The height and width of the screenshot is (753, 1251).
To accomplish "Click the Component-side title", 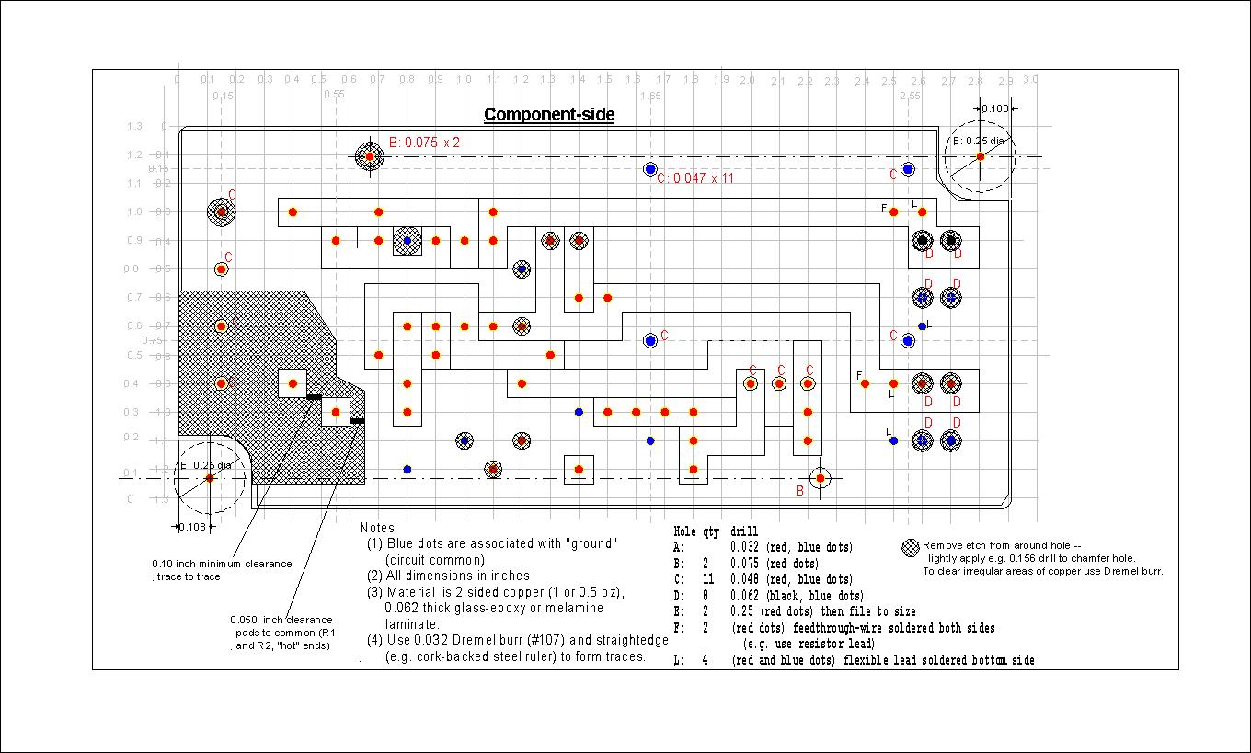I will pos(549,115).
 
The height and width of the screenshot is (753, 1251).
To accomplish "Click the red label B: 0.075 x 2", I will pos(424,143).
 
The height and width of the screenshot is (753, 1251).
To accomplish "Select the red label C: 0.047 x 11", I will pos(695,178).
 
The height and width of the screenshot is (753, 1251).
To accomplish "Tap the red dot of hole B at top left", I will pos(370,156).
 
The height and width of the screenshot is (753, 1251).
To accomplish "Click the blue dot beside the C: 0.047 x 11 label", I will pos(650,169).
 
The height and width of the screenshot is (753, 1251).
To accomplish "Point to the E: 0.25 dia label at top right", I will pos(978,141).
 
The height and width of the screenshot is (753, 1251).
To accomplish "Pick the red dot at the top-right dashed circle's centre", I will pos(981,156).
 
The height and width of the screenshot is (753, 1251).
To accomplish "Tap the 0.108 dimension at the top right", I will pos(995,109).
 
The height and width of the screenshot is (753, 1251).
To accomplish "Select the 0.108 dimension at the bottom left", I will pos(191,527).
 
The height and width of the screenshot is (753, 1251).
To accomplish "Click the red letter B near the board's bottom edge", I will pos(799,491).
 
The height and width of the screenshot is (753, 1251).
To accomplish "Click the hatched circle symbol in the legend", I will pos(911,547).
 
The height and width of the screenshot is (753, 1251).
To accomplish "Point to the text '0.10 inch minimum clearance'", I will pos(222,564).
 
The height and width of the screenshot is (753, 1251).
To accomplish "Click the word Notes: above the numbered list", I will pos(378,528).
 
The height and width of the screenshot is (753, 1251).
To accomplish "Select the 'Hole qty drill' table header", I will pos(716,531).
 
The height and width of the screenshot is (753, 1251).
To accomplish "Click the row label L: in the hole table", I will pos(679,660).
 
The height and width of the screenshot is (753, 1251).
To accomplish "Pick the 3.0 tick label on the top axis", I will pos(1030,80).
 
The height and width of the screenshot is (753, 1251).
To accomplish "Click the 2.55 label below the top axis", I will pos(909,96).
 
